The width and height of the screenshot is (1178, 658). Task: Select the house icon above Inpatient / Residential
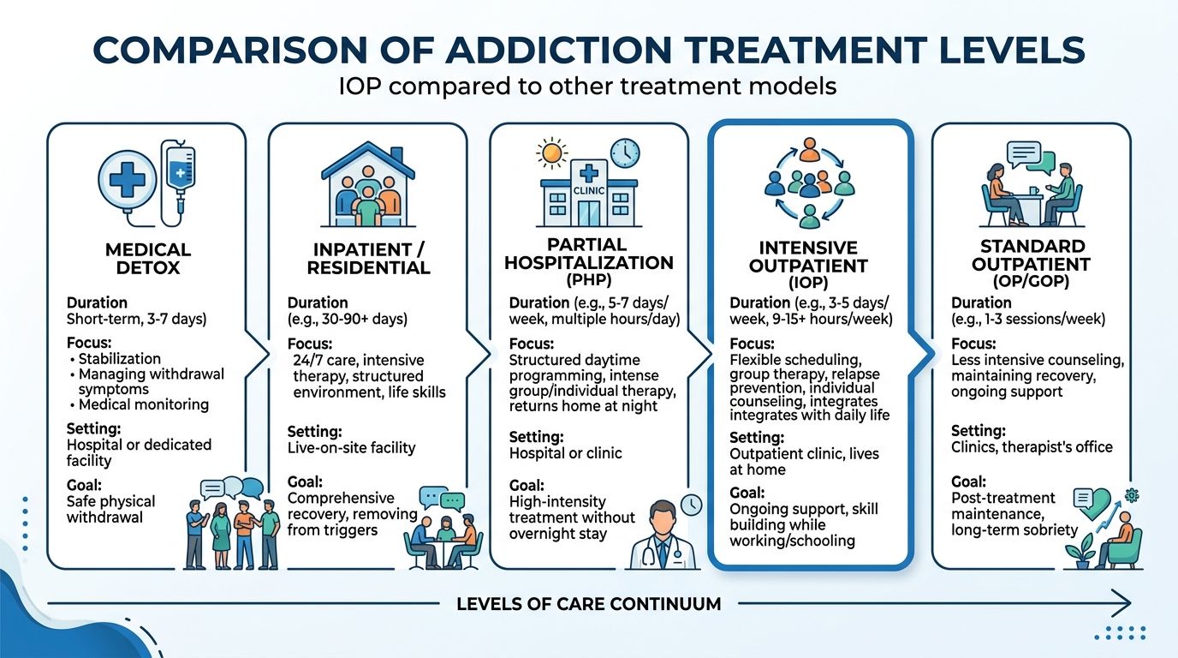pos(367,183)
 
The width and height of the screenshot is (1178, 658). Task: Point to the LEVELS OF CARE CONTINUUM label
pos(588,604)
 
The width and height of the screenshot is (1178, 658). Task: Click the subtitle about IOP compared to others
pos(588,87)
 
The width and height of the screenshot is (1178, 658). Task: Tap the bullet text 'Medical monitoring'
pos(143,404)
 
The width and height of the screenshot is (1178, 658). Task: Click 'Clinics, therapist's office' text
pos(1032,446)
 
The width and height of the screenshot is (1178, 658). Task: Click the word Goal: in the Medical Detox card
pos(84,485)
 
